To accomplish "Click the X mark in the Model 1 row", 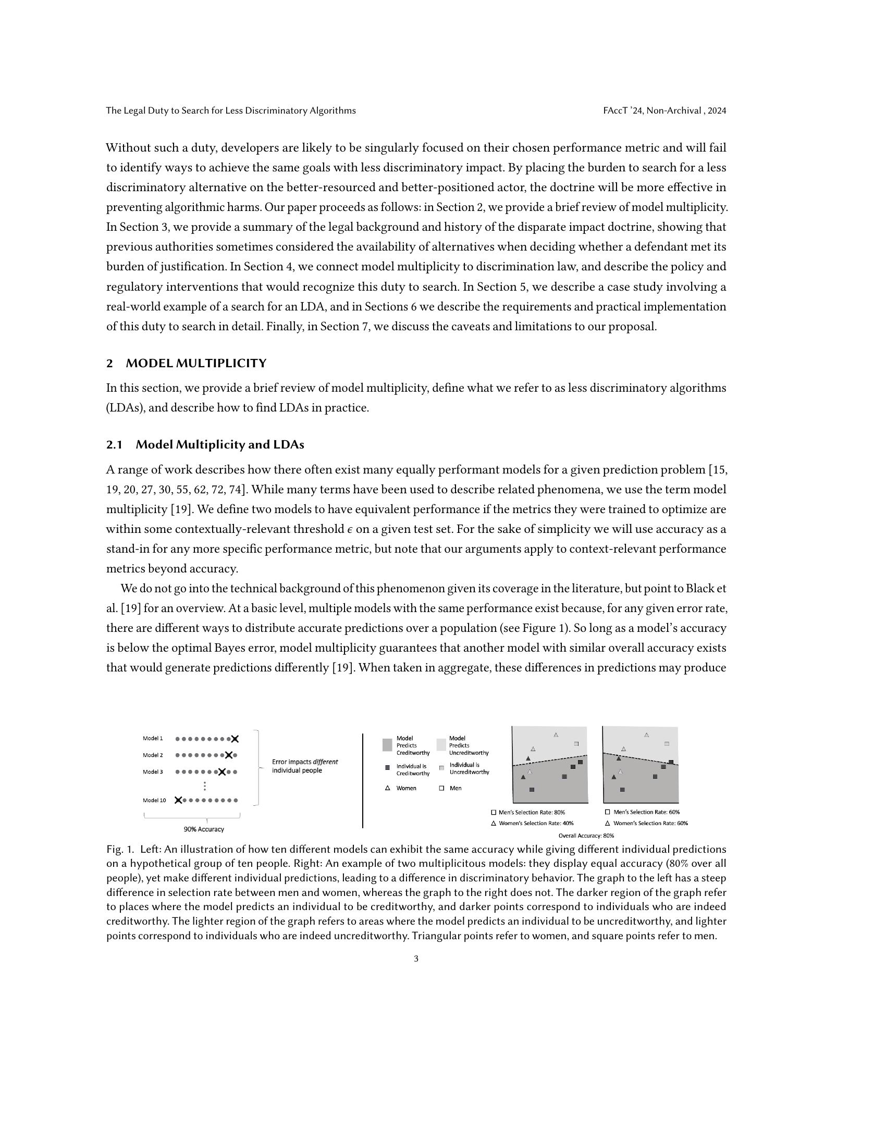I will pyautogui.click(x=235, y=739).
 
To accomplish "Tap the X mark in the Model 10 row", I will pyautogui.click(x=178, y=800).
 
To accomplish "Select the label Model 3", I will pyautogui.click(x=153, y=772).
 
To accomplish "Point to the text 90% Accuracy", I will pyautogui.click(x=204, y=830).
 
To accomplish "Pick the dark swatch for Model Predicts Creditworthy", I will pyautogui.click(x=387, y=745).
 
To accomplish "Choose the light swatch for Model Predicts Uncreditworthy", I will pyautogui.click(x=441, y=745).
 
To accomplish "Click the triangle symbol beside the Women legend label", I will pyautogui.click(x=387, y=788).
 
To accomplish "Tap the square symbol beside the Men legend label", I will pyautogui.click(x=441, y=788).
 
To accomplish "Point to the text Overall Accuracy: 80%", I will pyautogui.click(x=586, y=836).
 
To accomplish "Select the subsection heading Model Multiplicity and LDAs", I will pyautogui.click(x=219, y=444).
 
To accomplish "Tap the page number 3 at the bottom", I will pyautogui.click(x=416, y=958).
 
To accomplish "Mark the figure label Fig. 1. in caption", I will pyautogui.click(x=120, y=849).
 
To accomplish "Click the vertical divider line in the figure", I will pyautogui.click(x=363, y=781).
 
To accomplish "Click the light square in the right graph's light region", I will pyautogui.click(x=667, y=743).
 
